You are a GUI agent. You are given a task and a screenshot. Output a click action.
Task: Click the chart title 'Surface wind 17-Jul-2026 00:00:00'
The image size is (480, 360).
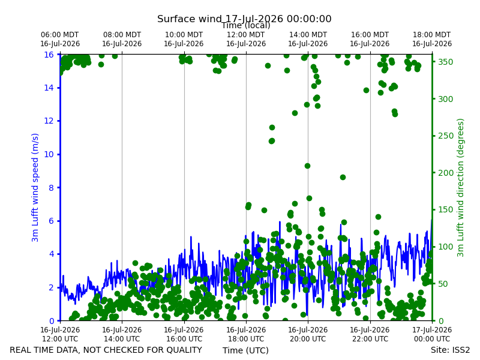click(244, 19)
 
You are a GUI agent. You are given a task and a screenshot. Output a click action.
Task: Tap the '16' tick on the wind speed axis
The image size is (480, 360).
click(49, 55)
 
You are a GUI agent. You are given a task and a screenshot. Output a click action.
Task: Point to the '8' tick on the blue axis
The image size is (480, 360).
click(51, 188)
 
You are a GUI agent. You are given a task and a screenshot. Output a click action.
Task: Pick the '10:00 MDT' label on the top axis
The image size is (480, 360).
click(184, 35)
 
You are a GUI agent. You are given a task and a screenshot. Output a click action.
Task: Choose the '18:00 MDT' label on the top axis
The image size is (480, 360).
click(431, 35)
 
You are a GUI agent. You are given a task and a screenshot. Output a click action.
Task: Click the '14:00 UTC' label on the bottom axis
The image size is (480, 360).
click(122, 339)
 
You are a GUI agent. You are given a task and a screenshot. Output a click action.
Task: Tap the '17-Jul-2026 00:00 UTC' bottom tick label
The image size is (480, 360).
click(432, 334)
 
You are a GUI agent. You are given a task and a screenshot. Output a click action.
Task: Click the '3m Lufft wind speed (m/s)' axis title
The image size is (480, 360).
click(35, 187)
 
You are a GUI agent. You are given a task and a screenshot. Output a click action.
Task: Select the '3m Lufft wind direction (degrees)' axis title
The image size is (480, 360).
click(460, 188)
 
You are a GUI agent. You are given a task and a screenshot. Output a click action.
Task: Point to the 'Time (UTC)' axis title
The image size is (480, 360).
click(245, 350)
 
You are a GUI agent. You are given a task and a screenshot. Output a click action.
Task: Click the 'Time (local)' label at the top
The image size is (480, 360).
click(246, 25)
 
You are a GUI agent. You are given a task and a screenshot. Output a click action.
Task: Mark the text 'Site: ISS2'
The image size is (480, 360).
click(451, 350)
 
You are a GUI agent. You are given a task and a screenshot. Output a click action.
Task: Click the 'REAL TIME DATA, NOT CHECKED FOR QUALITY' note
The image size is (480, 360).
click(106, 350)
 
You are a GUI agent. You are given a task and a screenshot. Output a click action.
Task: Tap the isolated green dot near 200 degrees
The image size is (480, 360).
click(343, 177)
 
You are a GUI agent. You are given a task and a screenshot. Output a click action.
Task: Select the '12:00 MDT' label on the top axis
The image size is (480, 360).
click(246, 35)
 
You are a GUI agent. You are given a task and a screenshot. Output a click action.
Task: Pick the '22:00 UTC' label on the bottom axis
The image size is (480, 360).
click(370, 339)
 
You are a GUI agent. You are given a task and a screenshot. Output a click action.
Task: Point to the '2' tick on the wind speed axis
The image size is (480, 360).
click(51, 287)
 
